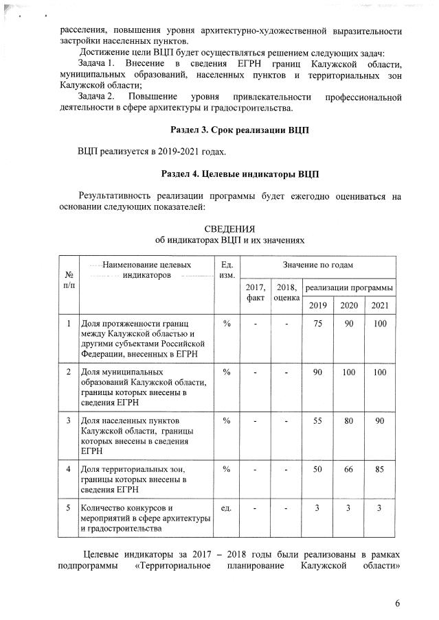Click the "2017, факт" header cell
255,293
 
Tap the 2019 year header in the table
317,305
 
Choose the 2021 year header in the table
380,305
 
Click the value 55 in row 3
317,420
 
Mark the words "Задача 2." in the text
96,96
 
